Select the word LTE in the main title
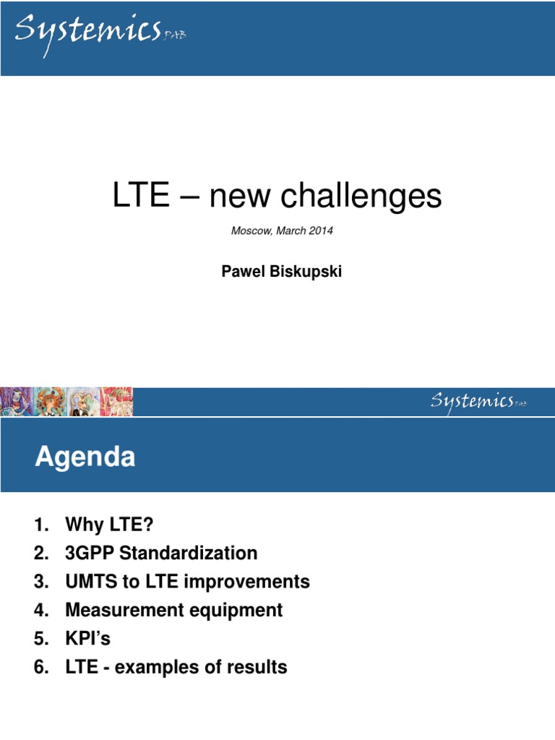tap(141, 196)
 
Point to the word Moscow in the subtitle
tap(249, 231)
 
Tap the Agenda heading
tap(85, 457)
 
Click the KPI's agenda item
tap(87, 639)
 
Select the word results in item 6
tap(256, 667)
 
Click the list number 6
tap(40, 667)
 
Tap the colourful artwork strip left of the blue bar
tap(66, 402)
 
